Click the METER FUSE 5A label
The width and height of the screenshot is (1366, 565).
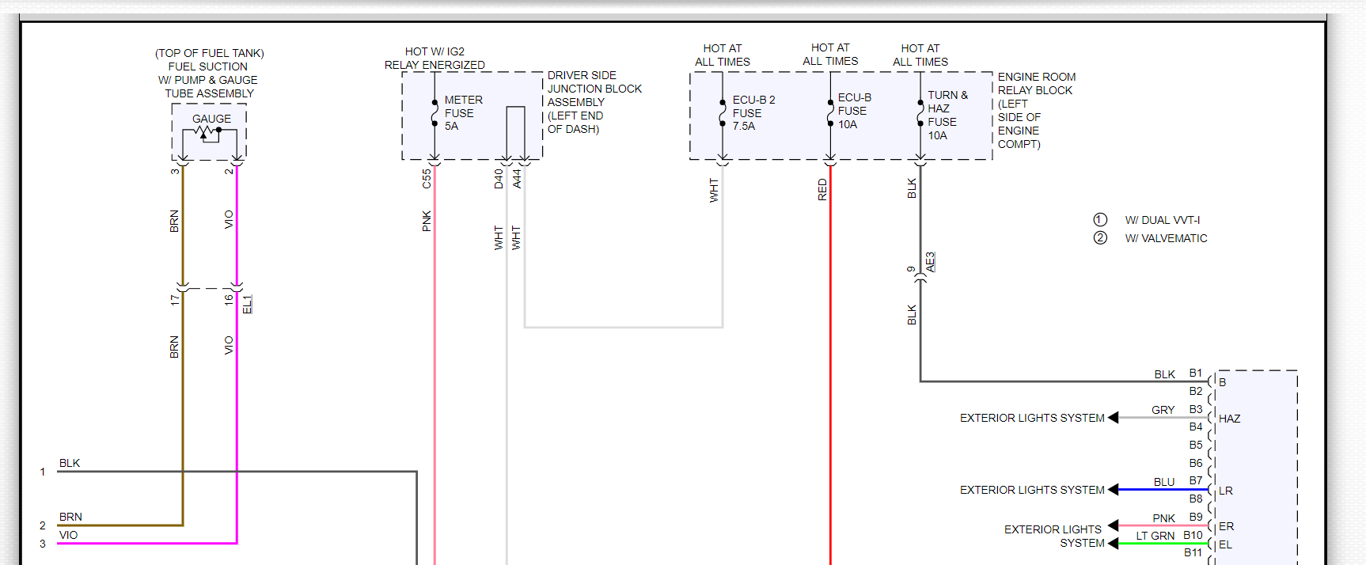tap(462, 113)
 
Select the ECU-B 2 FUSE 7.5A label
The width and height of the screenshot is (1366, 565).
tap(753, 113)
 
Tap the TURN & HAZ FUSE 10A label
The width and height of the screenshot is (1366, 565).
tap(946, 116)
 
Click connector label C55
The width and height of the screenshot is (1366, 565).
tap(427, 179)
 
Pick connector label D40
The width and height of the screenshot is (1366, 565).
tap(499, 179)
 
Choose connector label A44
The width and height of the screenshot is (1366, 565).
tap(517, 179)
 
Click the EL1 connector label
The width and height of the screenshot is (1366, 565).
tap(247, 305)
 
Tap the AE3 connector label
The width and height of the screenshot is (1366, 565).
tap(931, 262)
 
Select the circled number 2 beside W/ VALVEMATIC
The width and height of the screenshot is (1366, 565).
tap(1100, 238)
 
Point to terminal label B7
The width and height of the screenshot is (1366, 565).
tap(1195, 481)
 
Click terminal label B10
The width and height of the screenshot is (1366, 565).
tap(1193, 536)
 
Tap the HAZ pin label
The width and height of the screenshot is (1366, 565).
tap(1229, 419)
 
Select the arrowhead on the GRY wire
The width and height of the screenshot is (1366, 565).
tap(1114, 418)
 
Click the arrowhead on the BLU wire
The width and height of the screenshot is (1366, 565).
tap(1114, 490)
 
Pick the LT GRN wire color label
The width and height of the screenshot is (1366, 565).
tap(1155, 536)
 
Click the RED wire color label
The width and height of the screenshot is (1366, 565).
tap(822, 189)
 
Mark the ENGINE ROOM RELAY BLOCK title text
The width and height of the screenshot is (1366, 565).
tap(1036, 83)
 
